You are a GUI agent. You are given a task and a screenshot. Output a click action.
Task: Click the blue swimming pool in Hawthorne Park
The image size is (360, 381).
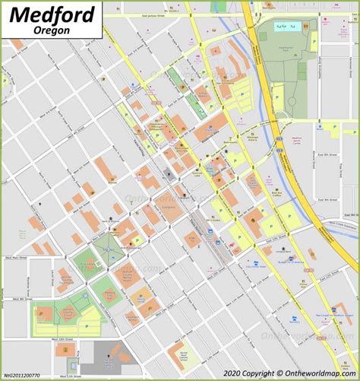[x=286, y=26]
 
